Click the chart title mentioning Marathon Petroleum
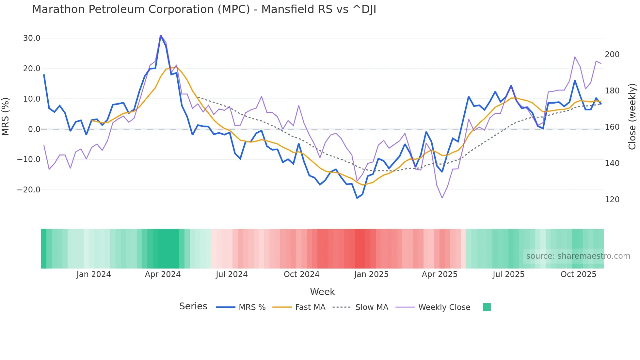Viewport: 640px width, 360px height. [x=204, y=9]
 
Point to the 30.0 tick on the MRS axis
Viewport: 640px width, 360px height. [x=32, y=38]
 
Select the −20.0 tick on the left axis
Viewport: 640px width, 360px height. [x=29, y=190]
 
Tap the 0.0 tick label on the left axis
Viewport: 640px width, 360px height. [x=34, y=129]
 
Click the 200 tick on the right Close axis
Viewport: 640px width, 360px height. [x=612, y=55]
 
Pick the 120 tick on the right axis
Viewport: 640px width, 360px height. [x=612, y=200]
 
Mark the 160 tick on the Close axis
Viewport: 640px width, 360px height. [x=612, y=127]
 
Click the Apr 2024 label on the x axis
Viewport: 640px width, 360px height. [x=163, y=274]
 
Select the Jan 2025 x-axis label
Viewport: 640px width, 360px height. [x=371, y=274]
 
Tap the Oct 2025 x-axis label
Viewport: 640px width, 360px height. [x=578, y=274]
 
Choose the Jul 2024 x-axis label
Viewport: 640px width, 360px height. [x=232, y=274]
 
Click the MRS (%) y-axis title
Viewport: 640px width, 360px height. [x=6, y=116]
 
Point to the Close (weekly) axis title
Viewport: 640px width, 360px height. [x=632, y=116]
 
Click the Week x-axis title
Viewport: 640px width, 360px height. [x=322, y=292]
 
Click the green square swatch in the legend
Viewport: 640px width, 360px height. [x=487, y=307]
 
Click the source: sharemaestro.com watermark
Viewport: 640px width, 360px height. [x=578, y=256]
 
